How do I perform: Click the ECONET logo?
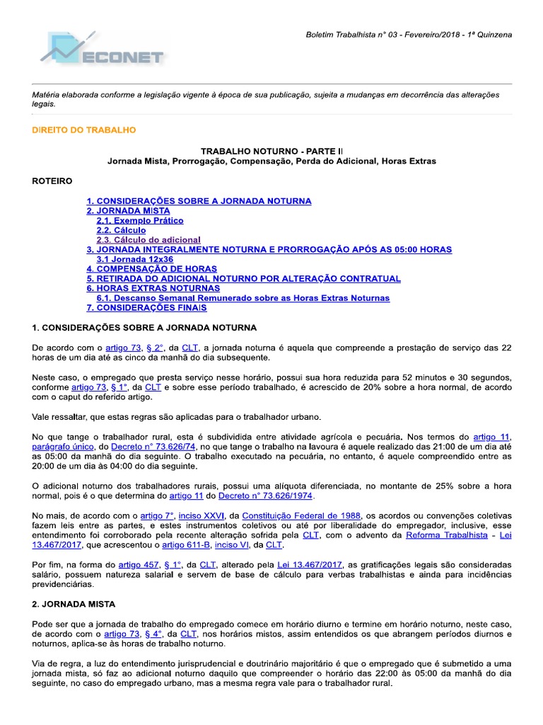pyautogui.click(x=103, y=53)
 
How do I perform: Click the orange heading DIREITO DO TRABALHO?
pyautogui.click(x=84, y=130)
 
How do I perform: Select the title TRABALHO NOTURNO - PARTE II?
pyautogui.click(x=271, y=151)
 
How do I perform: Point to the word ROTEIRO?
pyautogui.click(x=52, y=181)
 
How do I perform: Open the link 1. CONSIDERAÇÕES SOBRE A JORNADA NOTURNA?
pyautogui.click(x=199, y=201)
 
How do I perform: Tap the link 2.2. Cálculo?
pyautogui.click(x=121, y=230)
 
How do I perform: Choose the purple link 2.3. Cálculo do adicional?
pyautogui.click(x=148, y=240)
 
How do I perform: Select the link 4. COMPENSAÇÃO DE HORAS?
pyautogui.click(x=151, y=269)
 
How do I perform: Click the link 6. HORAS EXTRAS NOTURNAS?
pyautogui.click(x=153, y=289)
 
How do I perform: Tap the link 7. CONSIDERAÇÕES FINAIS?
pyautogui.click(x=146, y=308)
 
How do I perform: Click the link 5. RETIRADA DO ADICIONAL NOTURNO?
pyautogui.click(x=243, y=279)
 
